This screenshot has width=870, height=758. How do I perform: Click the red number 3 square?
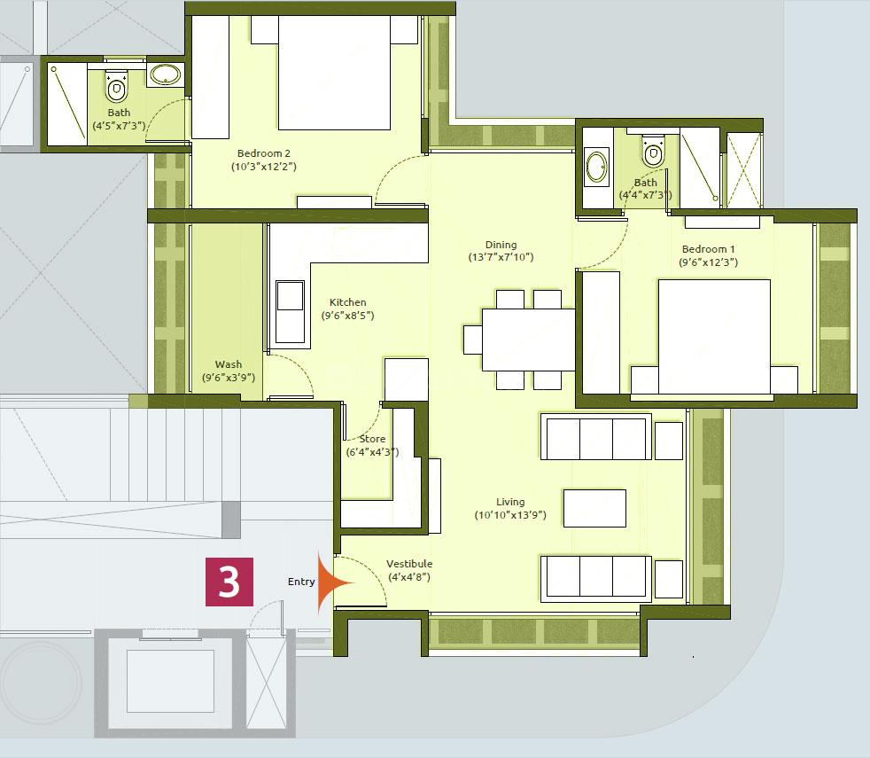click(x=229, y=582)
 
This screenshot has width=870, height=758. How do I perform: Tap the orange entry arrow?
click(x=334, y=582)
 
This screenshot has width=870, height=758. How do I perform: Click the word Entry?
click(x=301, y=582)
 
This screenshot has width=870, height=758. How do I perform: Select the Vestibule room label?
click(x=408, y=564)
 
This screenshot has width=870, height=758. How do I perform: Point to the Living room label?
click(x=509, y=502)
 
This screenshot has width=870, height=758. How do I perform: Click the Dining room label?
click(x=501, y=245)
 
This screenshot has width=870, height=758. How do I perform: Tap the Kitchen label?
click(x=347, y=302)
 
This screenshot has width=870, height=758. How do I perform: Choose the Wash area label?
click(x=228, y=364)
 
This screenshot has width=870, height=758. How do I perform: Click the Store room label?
click(x=372, y=439)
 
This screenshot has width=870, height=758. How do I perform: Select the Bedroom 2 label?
click(x=263, y=153)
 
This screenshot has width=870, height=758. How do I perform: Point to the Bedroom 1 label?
click(x=708, y=249)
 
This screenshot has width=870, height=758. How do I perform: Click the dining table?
click(x=528, y=339)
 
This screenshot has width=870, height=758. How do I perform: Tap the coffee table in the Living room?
click(x=594, y=508)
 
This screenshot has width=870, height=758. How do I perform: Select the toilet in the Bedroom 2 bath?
click(x=117, y=86)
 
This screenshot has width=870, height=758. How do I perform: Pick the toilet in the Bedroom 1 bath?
click(x=653, y=154)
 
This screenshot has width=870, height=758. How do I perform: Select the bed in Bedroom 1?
click(x=714, y=336)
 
